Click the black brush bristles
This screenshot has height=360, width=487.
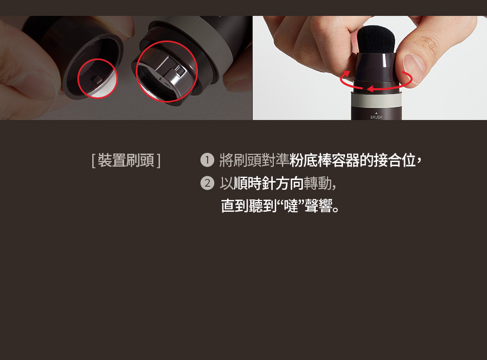(376, 38)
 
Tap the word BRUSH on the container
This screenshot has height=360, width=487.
(376, 117)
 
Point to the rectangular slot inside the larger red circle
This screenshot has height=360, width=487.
(179, 70)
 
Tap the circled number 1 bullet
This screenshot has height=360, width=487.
(207, 161)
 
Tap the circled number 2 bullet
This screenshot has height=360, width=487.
(207, 183)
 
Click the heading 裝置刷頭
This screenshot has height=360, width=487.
(126, 161)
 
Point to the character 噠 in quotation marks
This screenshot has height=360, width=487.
(291, 206)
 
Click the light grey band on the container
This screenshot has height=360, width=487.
(376, 101)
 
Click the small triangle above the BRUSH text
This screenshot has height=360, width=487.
(376, 113)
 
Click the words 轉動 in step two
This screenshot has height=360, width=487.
(318, 183)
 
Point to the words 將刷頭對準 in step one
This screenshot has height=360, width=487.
(254, 161)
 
